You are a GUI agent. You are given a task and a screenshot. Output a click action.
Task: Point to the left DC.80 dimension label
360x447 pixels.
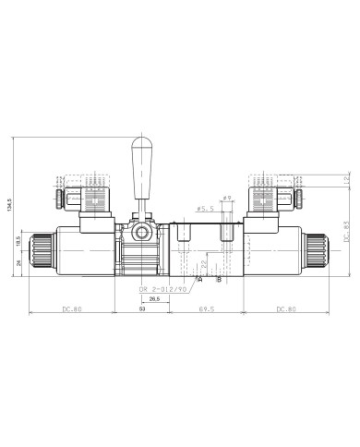coord(71,308)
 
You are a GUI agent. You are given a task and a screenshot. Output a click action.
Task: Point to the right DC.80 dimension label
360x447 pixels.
coord(288,308)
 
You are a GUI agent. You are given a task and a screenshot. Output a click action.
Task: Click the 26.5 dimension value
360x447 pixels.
coord(154,298)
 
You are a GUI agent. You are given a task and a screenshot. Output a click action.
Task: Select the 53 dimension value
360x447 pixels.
coord(142,309)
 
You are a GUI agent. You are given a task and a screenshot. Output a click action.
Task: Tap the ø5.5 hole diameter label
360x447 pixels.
coord(206,210)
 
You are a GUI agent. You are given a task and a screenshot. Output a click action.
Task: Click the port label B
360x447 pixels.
coord(218,279)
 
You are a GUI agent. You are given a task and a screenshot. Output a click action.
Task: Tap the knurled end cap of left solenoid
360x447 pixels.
coord(39,250)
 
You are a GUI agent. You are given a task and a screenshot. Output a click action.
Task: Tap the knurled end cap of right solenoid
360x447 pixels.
coord(320,250)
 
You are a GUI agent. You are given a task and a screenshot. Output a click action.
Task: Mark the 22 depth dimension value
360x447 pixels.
coord(203,264)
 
